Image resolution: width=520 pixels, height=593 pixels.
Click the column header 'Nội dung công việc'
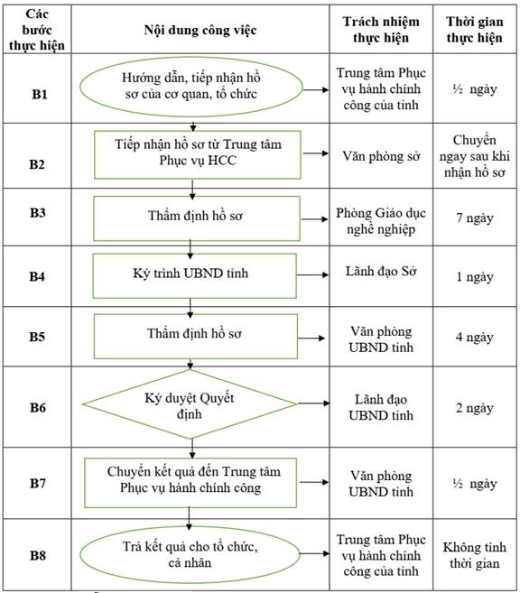(200, 30)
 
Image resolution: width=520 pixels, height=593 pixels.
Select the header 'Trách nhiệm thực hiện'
(381, 30)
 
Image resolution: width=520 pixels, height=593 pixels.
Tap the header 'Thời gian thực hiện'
(475, 30)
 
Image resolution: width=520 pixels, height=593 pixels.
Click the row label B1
(40, 94)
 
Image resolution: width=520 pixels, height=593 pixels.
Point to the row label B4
(37, 276)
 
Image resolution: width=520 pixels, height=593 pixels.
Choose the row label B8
(38, 555)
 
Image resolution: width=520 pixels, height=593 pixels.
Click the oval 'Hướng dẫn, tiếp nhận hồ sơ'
(191, 87)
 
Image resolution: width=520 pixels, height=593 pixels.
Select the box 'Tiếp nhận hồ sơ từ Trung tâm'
(198, 154)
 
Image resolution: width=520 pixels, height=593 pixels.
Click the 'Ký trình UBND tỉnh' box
(194, 275)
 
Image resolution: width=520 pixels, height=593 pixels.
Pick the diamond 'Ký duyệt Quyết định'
(190, 404)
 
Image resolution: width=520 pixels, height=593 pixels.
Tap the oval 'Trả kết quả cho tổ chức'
(190, 554)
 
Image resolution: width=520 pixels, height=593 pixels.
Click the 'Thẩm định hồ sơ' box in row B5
(196, 336)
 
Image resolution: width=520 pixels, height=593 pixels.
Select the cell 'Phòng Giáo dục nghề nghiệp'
(381, 221)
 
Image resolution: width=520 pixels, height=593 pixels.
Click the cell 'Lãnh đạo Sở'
(381, 271)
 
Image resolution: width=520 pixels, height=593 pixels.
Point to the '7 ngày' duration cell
(475, 218)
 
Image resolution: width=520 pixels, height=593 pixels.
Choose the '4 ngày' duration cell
(475, 337)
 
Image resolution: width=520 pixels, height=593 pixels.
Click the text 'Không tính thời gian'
(475, 555)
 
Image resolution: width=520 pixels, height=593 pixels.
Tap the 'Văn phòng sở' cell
(381, 156)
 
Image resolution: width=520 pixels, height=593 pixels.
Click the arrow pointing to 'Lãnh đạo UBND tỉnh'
(313, 403)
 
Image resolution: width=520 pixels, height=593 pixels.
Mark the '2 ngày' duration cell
(475, 408)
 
